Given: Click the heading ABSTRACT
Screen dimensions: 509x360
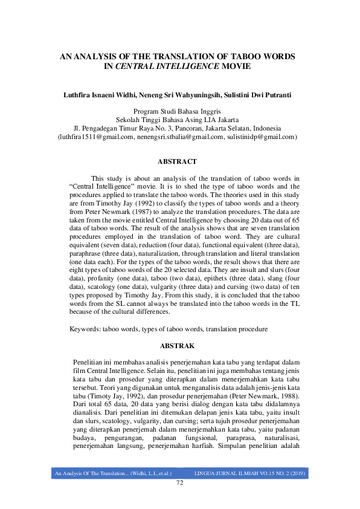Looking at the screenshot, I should (177, 162).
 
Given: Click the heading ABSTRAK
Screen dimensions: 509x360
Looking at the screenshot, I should (177, 346).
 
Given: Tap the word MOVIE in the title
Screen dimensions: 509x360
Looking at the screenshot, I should (236, 66).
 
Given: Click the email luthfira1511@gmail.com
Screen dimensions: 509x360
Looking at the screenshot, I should (96, 137).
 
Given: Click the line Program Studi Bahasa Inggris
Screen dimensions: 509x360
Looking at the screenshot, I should (177, 112).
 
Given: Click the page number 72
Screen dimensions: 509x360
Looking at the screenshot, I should (179, 482).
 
